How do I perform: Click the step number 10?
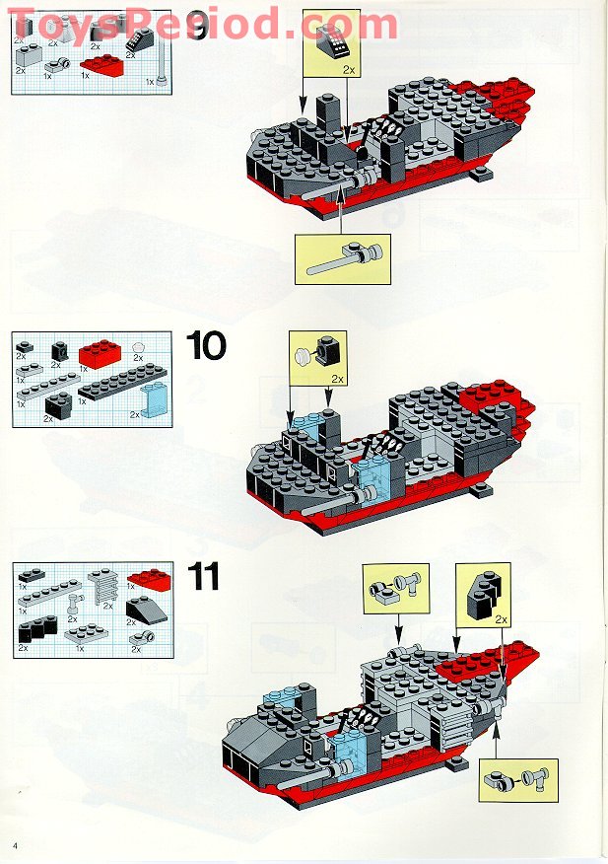tap(206, 346)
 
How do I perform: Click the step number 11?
tap(203, 576)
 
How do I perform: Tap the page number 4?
tap(17, 846)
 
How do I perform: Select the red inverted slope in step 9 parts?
tap(101, 65)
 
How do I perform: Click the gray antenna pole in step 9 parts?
tap(160, 69)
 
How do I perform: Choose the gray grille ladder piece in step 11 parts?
tap(102, 596)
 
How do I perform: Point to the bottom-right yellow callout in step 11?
tap(520, 780)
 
